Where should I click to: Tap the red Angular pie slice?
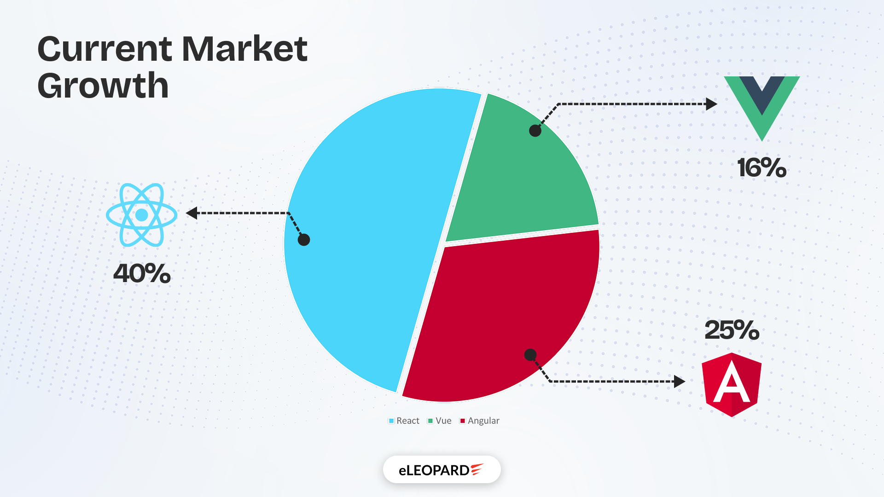(502, 313)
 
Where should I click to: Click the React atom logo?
(142, 215)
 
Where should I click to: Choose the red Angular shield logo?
(732, 385)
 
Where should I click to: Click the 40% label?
(142, 273)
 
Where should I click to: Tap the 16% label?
(762, 168)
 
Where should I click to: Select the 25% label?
(732, 330)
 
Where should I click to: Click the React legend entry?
(404, 421)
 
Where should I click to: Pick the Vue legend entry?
(440, 421)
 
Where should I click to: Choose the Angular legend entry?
(480, 421)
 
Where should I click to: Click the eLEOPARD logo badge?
(442, 469)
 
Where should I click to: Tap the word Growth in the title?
(103, 86)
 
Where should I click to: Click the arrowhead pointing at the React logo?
(192, 213)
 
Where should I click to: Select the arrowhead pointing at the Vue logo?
(711, 104)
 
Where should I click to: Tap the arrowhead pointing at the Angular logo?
(680, 381)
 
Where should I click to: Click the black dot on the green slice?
(535, 131)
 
